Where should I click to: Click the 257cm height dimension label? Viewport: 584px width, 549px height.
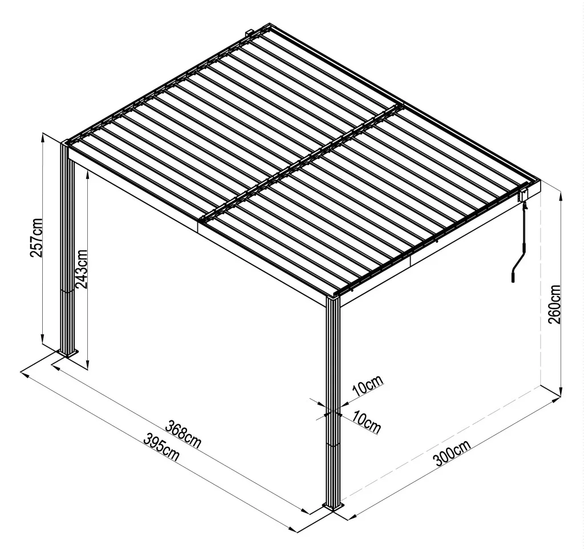36,238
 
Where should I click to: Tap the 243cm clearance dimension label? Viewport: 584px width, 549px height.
81,269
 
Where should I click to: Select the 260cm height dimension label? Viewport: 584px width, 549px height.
554,304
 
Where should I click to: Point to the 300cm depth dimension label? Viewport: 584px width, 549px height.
452,453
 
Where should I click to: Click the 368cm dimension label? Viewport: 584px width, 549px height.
184,434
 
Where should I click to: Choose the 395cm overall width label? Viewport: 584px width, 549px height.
161,447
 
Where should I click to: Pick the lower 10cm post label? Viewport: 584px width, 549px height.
367,422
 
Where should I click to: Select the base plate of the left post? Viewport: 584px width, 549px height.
68,353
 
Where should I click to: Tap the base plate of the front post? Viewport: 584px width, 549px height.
334,507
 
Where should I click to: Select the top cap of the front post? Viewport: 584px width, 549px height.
333,297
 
